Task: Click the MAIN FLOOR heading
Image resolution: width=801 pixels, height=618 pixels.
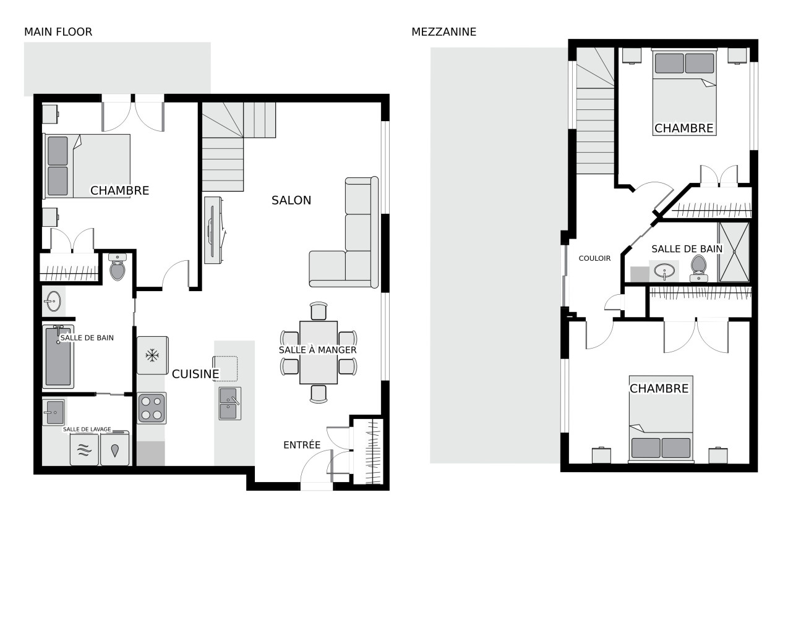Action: click(58, 32)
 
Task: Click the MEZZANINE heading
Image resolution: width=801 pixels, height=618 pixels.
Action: click(444, 32)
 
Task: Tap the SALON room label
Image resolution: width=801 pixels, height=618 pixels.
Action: click(291, 200)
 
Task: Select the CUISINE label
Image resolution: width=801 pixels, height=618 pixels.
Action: click(195, 374)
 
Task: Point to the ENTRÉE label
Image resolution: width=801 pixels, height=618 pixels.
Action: click(302, 445)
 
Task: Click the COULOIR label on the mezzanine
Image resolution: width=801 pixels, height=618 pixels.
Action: click(594, 258)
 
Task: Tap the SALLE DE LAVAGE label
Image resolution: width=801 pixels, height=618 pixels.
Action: click(87, 429)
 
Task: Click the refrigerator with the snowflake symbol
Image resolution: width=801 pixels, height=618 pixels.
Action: click(153, 355)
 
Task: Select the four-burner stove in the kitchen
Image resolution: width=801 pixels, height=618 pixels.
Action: click(152, 408)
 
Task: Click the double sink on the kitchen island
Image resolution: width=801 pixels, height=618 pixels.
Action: click(230, 404)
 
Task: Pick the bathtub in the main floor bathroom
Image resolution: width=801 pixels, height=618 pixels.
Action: click(58, 357)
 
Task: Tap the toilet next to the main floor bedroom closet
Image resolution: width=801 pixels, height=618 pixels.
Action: click(118, 266)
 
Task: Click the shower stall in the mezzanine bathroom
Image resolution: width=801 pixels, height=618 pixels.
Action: click(734, 252)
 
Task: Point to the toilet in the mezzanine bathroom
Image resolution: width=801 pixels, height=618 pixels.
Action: click(698, 268)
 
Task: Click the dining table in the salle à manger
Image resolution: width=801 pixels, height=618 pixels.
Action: click(319, 352)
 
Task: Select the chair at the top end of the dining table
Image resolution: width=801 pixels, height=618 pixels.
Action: click(319, 311)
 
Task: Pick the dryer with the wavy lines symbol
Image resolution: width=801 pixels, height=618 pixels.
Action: click(84, 450)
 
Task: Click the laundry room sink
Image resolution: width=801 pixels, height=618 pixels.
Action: click(54, 412)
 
